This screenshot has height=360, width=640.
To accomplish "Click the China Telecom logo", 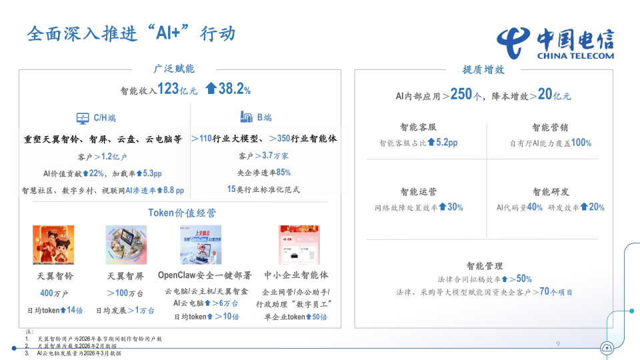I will coord(555,43).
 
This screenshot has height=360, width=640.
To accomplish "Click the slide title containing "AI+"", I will coord(131,33).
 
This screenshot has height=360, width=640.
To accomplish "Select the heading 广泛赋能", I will coord(174,69).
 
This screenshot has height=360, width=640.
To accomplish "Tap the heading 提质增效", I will coord(483,69).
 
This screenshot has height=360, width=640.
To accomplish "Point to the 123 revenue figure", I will coord(168,89).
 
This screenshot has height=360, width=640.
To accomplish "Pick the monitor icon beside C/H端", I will coord(83,118).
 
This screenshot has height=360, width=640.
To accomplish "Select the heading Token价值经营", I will coord(181,213).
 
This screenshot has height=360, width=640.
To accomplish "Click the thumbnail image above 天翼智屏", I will coord(125,245).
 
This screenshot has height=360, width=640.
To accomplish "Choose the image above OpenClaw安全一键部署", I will coord(200,245).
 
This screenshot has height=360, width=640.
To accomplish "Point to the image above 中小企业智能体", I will coord(299,245).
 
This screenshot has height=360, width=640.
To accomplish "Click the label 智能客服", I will coord(418,127).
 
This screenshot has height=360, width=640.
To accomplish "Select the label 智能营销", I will coord(550,127).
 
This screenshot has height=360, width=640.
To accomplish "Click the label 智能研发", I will coord(550,192).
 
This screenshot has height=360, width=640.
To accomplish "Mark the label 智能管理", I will coord(485,265).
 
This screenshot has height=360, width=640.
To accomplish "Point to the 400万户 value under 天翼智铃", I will coord(54,293).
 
